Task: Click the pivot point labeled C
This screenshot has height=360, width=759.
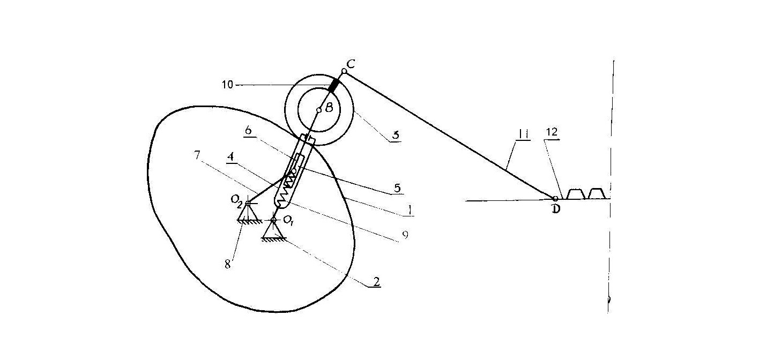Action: click(344, 71)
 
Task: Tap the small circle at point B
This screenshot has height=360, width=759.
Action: click(319, 110)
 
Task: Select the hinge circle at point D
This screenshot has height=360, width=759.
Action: click(555, 199)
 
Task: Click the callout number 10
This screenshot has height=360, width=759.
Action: click(228, 84)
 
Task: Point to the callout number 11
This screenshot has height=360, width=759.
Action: click(523, 134)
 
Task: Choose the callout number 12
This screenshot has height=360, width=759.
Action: click(552, 132)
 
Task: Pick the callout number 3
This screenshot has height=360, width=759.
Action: click(396, 135)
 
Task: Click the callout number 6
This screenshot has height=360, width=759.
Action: click(249, 130)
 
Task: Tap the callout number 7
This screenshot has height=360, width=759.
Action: click(197, 155)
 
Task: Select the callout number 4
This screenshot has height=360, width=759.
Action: click(231, 157)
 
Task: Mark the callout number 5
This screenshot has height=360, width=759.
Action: click(398, 187)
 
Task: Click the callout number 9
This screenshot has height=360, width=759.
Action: click(405, 235)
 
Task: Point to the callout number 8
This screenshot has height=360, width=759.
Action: click(228, 264)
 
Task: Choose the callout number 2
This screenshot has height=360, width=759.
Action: click(376, 282)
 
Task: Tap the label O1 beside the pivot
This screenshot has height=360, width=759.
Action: click(288, 221)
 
